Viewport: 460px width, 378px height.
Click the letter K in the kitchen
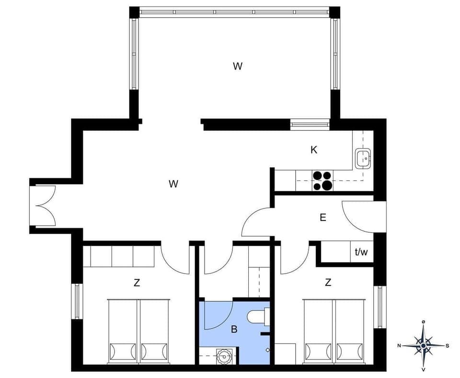314,150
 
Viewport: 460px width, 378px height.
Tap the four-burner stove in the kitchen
322,181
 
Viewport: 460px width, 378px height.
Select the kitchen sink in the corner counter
363,157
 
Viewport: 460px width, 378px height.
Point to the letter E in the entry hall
323,218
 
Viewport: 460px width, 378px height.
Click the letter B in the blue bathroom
234,329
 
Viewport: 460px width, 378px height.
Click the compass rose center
423,345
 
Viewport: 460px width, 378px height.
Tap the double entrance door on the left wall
44,206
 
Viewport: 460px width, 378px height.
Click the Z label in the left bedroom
137,283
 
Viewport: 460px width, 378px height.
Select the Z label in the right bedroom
328,283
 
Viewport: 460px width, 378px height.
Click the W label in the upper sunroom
237,67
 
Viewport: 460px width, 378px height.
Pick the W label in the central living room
173,183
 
